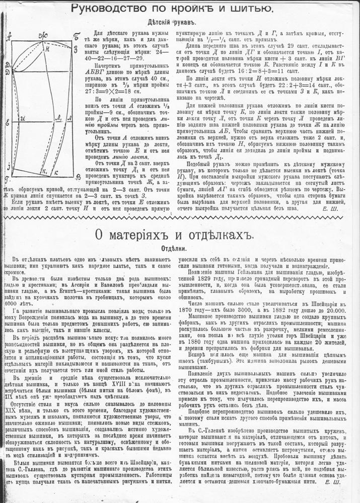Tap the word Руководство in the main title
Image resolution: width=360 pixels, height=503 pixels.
tap(104, 9)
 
